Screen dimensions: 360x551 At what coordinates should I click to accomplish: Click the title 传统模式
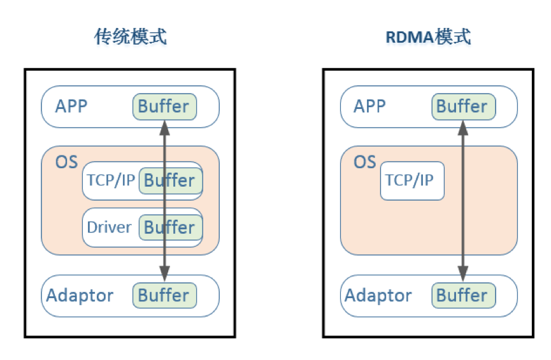click(x=131, y=37)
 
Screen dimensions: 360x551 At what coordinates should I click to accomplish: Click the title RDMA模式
click(x=428, y=37)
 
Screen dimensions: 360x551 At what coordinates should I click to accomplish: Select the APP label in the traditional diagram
click(x=71, y=106)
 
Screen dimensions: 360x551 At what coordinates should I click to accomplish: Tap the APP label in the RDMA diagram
click(x=369, y=106)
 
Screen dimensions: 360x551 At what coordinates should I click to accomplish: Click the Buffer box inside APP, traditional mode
click(x=164, y=106)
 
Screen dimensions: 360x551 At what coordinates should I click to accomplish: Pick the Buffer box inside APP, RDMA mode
click(x=463, y=106)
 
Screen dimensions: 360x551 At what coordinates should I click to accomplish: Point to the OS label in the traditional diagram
click(x=66, y=162)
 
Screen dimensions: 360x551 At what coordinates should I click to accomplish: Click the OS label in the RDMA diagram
click(x=365, y=162)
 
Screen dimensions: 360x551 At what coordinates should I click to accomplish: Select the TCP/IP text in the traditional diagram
click(x=111, y=180)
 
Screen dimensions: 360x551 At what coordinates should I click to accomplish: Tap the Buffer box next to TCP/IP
click(x=170, y=181)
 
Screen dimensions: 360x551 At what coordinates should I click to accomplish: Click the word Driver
click(x=109, y=227)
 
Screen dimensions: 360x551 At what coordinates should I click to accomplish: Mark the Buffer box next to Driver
click(x=170, y=227)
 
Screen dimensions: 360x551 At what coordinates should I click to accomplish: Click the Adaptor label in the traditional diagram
click(x=80, y=296)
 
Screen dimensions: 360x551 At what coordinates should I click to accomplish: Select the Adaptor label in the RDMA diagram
click(x=378, y=296)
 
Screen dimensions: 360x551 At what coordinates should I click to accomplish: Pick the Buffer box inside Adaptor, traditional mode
click(x=164, y=296)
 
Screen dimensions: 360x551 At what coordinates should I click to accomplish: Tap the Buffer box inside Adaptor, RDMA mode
click(x=463, y=296)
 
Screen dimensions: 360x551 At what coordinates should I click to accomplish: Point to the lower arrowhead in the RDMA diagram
click(x=463, y=273)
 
